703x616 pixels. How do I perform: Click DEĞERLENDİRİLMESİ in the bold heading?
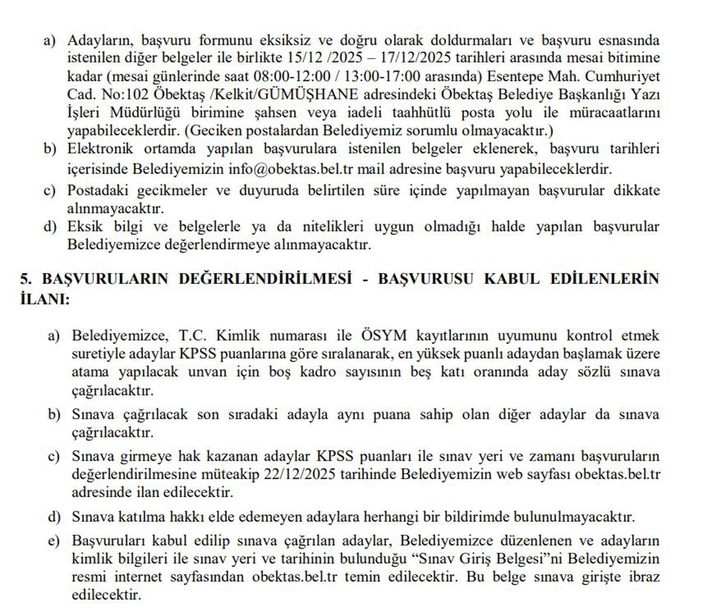pyautogui.click(x=265, y=279)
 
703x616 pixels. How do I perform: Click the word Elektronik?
pyautogui.click(x=100, y=149)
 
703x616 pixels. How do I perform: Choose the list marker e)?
pyautogui.click(x=54, y=540)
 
